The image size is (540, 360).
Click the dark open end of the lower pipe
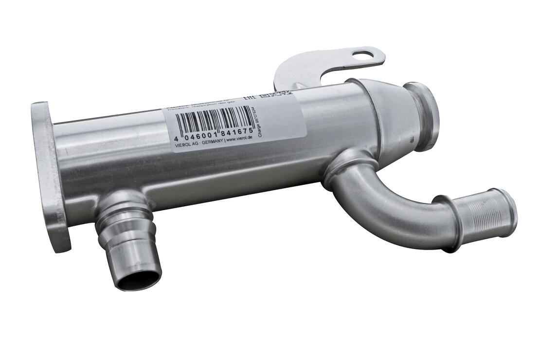tap(138, 280)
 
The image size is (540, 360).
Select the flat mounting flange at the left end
tap(49, 175)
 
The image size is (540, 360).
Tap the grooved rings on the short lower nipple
tap(124, 219)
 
